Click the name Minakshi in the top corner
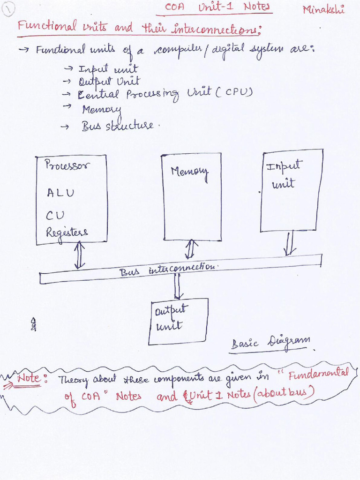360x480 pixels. pos(323,9)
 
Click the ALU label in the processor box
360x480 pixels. pos(60,193)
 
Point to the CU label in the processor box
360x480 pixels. pos(55,215)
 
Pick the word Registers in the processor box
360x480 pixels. pos(67,232)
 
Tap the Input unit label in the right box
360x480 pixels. pos(283,174)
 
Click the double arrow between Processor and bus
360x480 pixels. pos(79,255)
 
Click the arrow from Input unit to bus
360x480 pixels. pos(290,243)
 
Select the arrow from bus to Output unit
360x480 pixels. pos(178,286)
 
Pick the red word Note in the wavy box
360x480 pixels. pos(30,377)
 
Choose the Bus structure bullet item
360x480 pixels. pos(117,126)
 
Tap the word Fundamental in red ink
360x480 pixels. pos(319,374)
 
